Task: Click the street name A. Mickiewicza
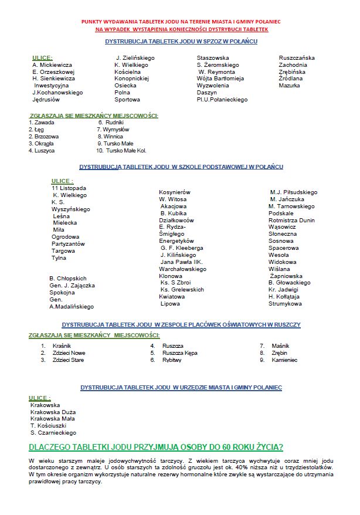pyautogui.click(x=52, y=65)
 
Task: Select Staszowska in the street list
pyautogui.click(x=212, y=57)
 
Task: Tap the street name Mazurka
pyautogui.click(x=289, y=85)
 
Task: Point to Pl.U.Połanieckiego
pyautogui.click(x=222, y=99)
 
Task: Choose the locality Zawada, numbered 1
pyautogui.click(x=45, y=123)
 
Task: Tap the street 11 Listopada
pyautogui.click(x=69, y=188)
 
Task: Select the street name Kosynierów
pyautogui.click(x=174, y=192)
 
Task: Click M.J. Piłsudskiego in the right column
pyautogui.click(x=293, y=192)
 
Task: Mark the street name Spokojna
pyautogui.click(x=62, y=292)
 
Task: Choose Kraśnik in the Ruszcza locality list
pyautogui.click(x=61, y=346)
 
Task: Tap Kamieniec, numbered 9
pyautogui.click(x=284, y=360)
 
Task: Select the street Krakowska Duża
pyautogui.click(x=53, y=412)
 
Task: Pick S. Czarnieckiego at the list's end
pyautogui.click(x=53, y=433)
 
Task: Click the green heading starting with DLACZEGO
pyautogui.click(x=156, y=448)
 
